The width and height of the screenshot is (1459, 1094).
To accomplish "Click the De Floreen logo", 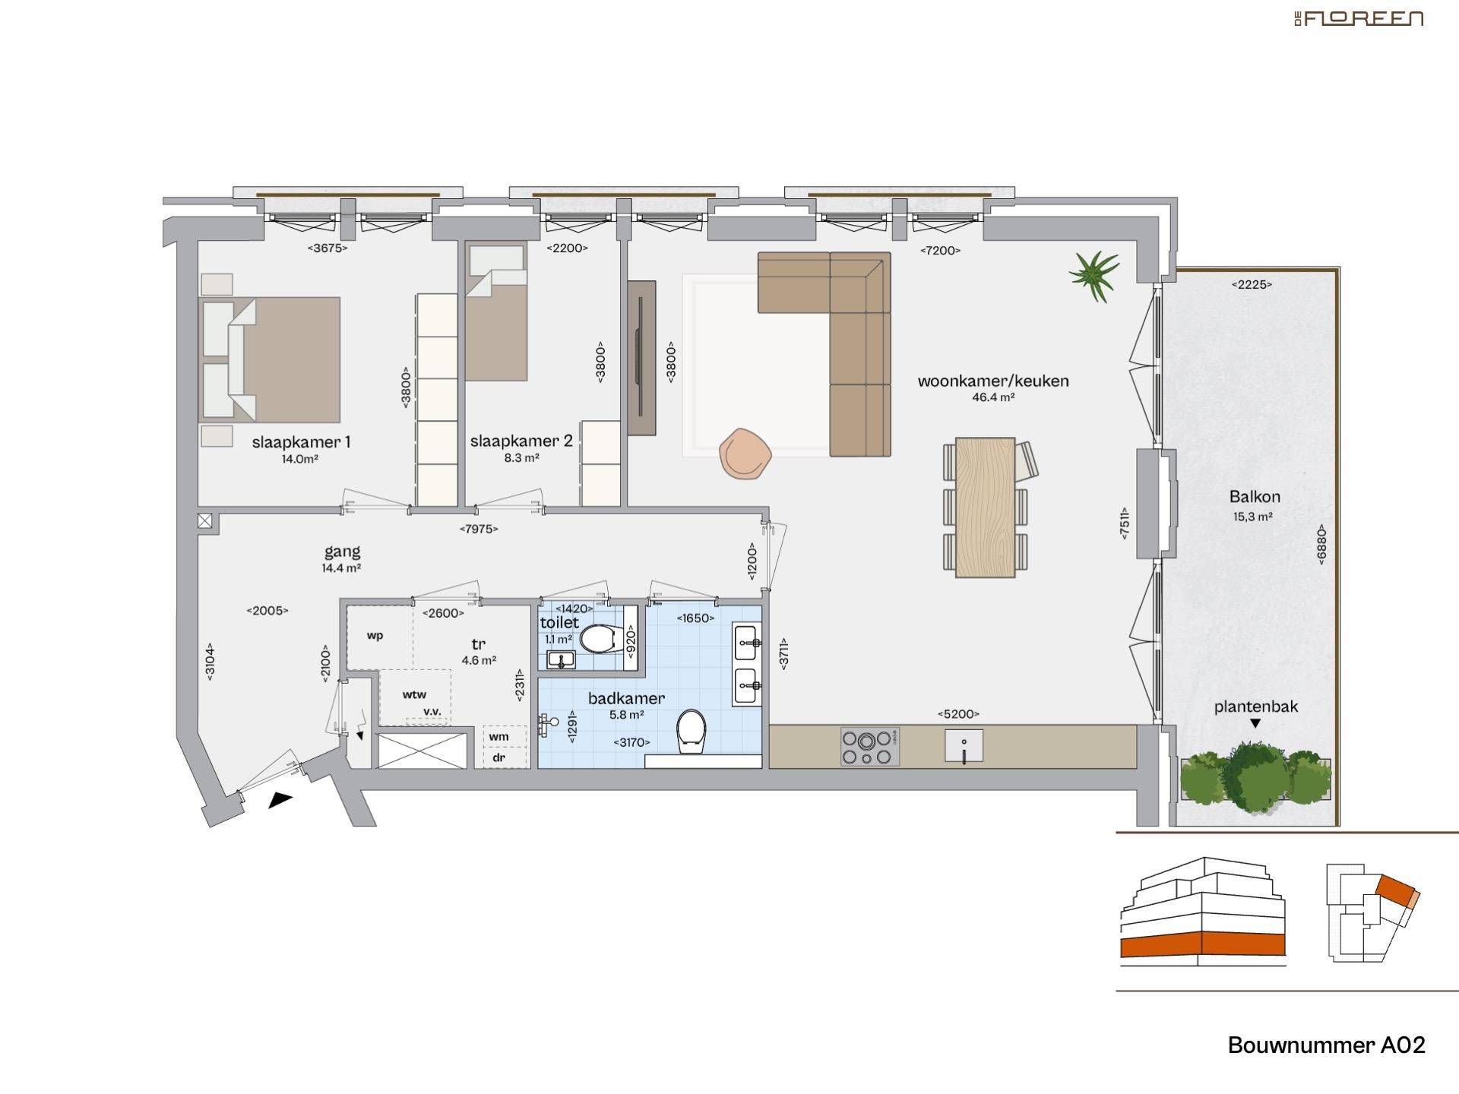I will pyautogui.click(x=1359, y=18).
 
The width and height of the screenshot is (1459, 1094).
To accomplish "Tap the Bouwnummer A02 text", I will pyautogui.click(x=1326, y=1045).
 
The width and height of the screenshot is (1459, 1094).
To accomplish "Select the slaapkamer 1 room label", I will pyautogui.click(x=301, y=442).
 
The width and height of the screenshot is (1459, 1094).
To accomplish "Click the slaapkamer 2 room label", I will pyautogui.click(x=521, y=441).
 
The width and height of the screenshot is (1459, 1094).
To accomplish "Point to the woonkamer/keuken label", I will pyautogui.click(x=993, y=381).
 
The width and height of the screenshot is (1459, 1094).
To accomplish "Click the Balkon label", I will pyautogui.click(x=1255, y=497).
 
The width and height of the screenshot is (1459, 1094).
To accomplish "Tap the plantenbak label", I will pyautogui.click(x=1255, y=707).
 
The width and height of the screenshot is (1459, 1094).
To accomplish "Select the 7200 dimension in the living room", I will pyautogui.click(x=940, y=250).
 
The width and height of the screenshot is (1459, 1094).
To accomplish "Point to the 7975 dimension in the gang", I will pyautogui.click(x=479, y=529).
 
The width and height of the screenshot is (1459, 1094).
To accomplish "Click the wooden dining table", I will pyautogui.click(x=985, y=507).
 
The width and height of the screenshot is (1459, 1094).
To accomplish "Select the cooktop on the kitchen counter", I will pyautogui.click(x=869, y=747).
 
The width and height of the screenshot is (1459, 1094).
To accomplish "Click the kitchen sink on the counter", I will pyautogui.click(x=964, y=746).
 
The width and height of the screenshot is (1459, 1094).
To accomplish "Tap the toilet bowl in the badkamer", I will pyautogui.click(x=691, y=731).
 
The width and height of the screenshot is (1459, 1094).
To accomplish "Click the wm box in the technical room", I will pyautogui.click(x=498, y=736).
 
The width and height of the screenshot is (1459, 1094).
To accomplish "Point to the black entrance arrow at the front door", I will pyautogui.click(x=280, y=800).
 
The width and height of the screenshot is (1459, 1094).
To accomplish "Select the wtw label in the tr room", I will pyautogui.click(x=414, y=694).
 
